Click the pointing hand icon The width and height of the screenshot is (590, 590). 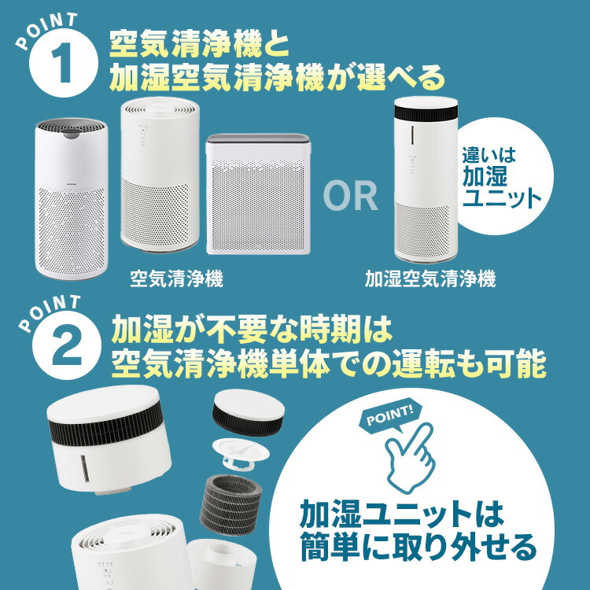pyautogui.click(x=408, y=456)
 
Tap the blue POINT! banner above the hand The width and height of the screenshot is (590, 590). pyautogui.click(x=392, y=415)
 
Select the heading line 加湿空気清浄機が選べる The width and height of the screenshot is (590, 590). pyautogui.click(x=277, y=77)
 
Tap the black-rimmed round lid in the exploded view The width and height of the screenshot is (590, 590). pyautogui.click(x=245, y=411)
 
